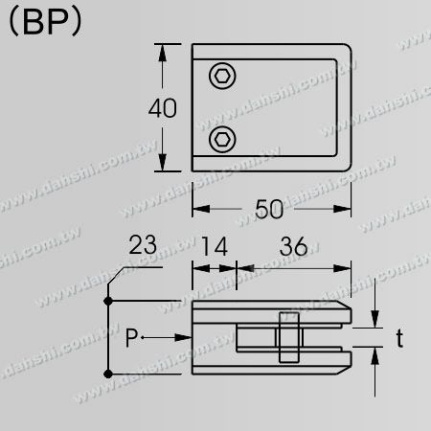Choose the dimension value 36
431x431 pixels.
(x=292, y=247)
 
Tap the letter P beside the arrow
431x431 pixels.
(x=133, y=337)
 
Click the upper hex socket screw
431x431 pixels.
(x=222, y=76)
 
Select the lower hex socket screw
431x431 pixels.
(x=222, y=139)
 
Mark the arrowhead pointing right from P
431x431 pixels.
(x=184, y=337)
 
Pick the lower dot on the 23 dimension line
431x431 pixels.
(x=109, y=373)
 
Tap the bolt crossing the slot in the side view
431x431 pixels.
(x=287, y=337)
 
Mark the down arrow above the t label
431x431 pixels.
(x=374, y=320)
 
